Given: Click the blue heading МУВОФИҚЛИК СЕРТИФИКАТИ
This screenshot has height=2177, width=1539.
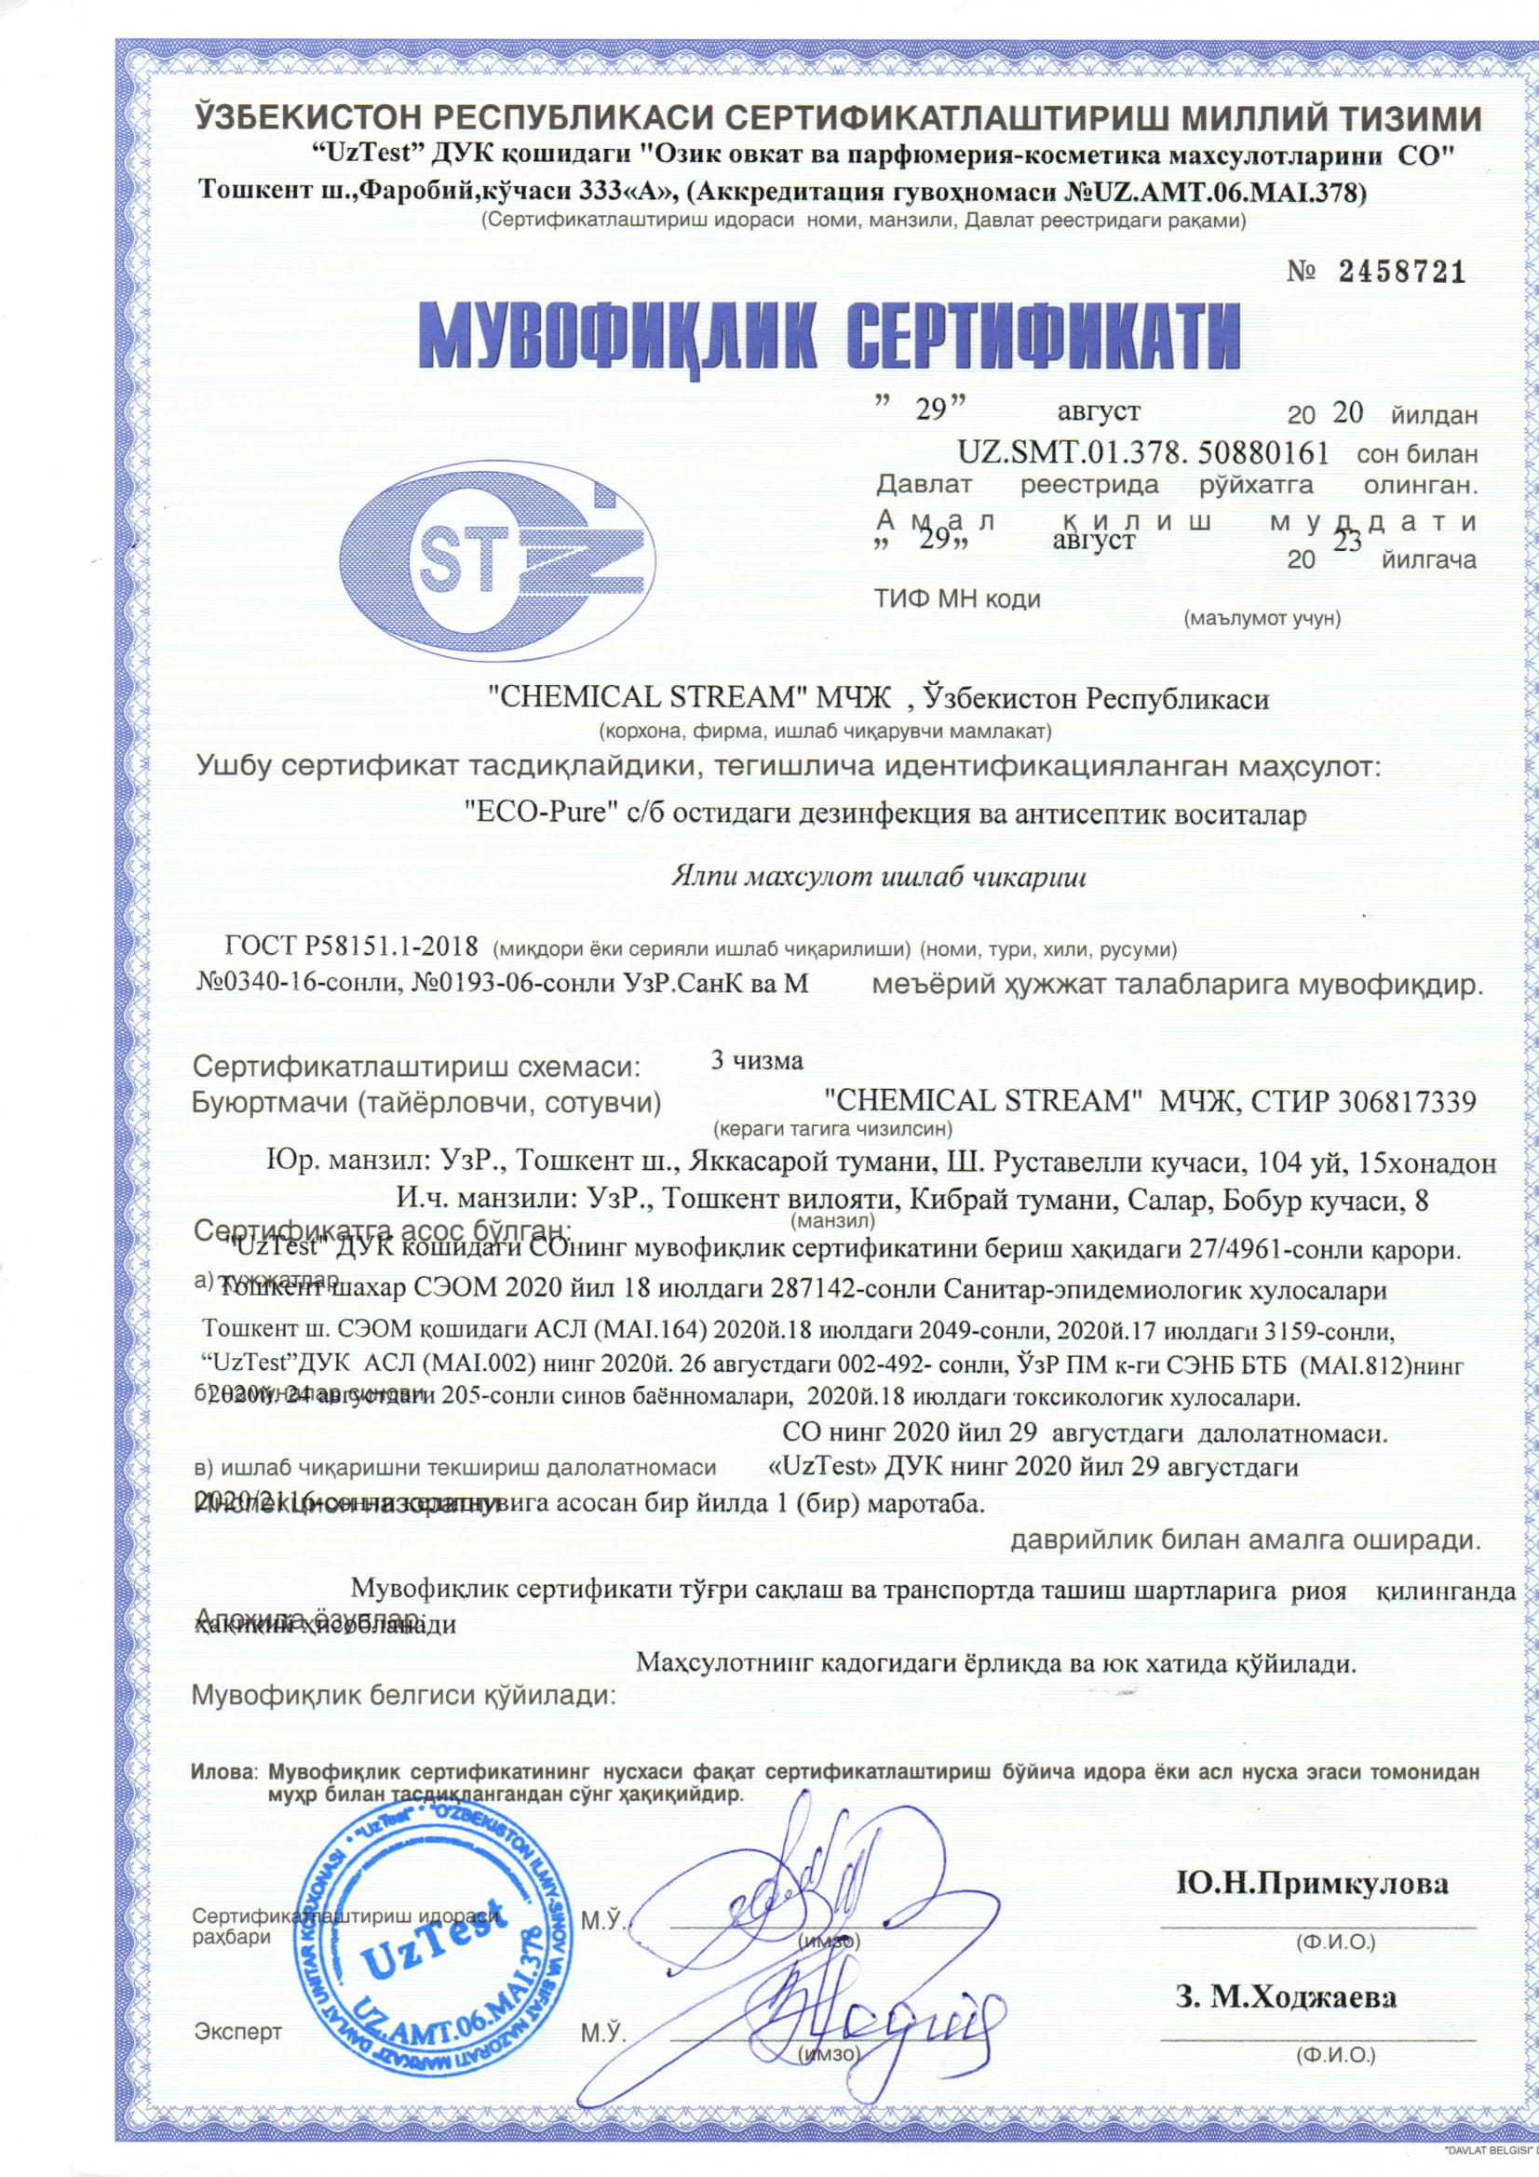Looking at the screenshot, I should pos(830,338).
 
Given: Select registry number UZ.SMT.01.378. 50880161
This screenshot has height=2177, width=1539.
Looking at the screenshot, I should pos(1142,452).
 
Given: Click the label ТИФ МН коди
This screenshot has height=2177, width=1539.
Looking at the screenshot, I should pos(958,598).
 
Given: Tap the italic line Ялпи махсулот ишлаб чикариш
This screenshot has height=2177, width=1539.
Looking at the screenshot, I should pos(879,877).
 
